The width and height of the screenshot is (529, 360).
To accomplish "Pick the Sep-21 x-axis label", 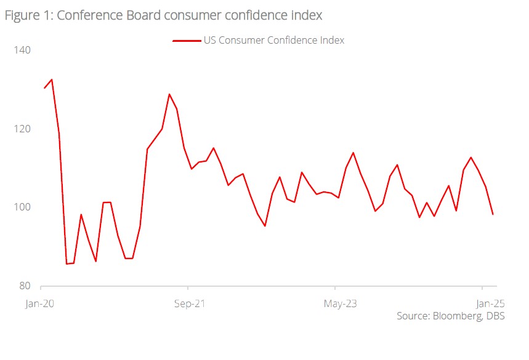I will coord(188,303).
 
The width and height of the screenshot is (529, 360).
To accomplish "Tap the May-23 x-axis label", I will coord(334,303).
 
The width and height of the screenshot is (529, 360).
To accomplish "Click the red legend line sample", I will coord(187,41).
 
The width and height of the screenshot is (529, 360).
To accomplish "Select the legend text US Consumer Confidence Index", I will coord(273,41).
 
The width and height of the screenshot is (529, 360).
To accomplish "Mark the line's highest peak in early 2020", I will coord(52,79).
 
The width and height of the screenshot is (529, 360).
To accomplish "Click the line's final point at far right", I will coord(493,214).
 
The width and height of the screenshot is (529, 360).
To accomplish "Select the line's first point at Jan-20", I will coord(44,88).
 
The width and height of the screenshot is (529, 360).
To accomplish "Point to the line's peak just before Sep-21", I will coord(169,94).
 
